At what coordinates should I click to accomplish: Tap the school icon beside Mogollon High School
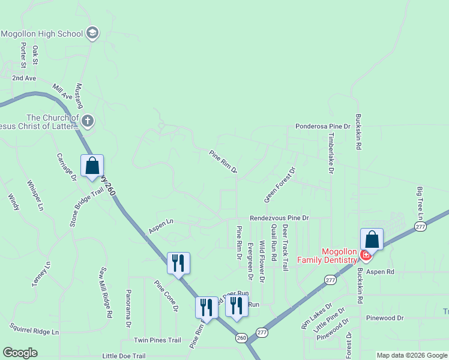(92, 32)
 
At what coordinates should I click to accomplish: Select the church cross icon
(87, 122)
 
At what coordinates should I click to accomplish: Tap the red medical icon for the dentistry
(365, 256)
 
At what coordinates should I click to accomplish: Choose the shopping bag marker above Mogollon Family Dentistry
(372, 239)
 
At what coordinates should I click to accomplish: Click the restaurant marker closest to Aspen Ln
(178, 263)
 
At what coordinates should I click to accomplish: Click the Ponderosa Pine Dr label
(322, 127)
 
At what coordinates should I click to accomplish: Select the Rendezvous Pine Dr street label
(279, 218)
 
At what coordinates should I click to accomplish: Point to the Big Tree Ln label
(420, 203)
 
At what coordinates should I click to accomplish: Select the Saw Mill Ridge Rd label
(106, 292)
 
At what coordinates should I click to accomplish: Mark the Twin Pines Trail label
(157, 340)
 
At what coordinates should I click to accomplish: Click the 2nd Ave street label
(24, 78)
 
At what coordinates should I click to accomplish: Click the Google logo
(20, 353)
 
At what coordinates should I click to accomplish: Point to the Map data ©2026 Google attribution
(411, 355)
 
